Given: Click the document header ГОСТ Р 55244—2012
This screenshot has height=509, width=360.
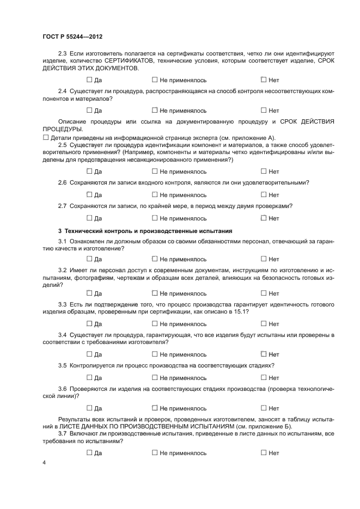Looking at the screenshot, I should (x=72, y=36).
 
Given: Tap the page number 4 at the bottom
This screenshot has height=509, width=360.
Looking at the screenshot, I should (x=44, y=463).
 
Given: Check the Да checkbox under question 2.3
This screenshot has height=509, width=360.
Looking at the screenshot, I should (x=89, y=79).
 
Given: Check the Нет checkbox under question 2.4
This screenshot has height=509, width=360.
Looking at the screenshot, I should (x=264, y=111).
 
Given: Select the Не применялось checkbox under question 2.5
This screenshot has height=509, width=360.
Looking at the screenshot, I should (x=155, y=171).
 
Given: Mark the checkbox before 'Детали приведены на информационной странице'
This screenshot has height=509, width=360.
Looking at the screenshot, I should (x=46, y=137).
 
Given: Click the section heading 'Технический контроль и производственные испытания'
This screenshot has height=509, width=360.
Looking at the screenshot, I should (x=145, y=230).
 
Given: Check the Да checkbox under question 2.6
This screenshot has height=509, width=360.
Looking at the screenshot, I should (x=89, y=195).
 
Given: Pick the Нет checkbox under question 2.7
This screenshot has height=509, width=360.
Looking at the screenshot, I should (x=264, y=218).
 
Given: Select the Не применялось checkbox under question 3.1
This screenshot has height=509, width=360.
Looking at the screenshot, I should (x=155, y=259).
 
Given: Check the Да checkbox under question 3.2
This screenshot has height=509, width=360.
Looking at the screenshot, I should (x=89, y=293).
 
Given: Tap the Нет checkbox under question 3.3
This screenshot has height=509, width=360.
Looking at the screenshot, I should (x=264, y=324).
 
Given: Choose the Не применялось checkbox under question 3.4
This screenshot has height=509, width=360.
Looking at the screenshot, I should (x=155, y=354).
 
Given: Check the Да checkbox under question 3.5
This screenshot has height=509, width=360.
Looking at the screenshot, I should (x=89, y=378).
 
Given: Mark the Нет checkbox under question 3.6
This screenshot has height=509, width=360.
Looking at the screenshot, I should (x=264, y=408).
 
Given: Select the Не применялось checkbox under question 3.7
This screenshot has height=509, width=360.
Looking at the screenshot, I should (x=155, y=452).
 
